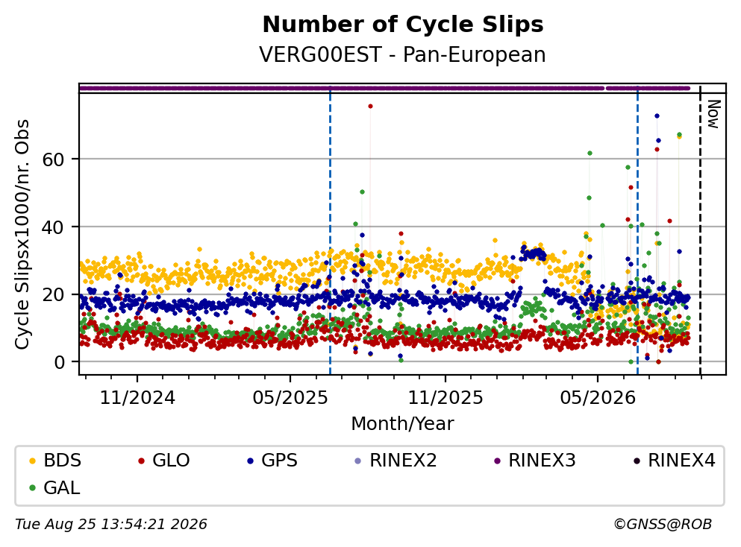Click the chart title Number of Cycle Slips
pyautogui.click(x=403, y=25)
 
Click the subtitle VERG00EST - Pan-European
pyautogui.click(x=402, y=54)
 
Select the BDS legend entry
pyautogui.click(x=54, y=460)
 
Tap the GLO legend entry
pyautogui.click(x=163, y=460)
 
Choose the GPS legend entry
pyautogui.click(x=272, y=460)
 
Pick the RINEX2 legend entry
pyautogui.click(x=396, y=460)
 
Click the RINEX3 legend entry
pyautogui.click(x=535, y=460)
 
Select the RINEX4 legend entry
pyautogui.click(x=675, y=460)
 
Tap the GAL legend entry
pyautogui.click(x=54, y=487)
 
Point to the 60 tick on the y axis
pyautogui.click(x=53, y=159)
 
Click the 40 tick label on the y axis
pyautogui.click(x=53, y=227)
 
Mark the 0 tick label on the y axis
pyautogui.click(x=59, y=362)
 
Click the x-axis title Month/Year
pyautogui.click(x=402, y=423)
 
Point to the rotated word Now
pyautogui.click(x=713, y=114)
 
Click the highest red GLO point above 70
pyautogui.click(x=370, y=106)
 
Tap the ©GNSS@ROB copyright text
pyautogui.click(x=663, y=524)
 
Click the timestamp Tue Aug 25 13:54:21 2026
pyautogui.click(x=111, y=524)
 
